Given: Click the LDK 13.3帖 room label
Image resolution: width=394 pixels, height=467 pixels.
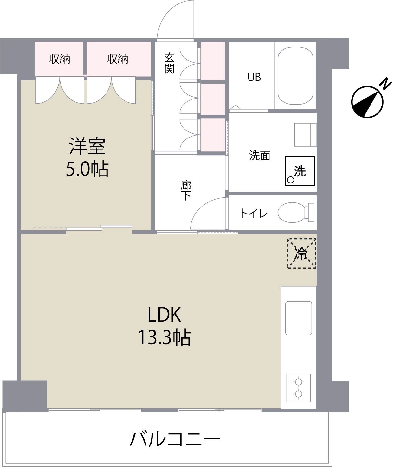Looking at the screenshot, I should pos(164,326).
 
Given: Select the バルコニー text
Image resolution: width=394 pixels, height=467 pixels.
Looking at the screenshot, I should pos(175,439).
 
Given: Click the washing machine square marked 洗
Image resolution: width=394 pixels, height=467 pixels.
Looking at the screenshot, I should pos(300,171).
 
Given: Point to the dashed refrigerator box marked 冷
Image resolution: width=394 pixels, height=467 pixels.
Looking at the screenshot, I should pos(301,253).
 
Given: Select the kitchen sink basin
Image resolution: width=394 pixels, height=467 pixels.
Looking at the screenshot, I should pos(298,318).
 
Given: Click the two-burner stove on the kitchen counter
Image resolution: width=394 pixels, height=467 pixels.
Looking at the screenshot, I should pos(298,387).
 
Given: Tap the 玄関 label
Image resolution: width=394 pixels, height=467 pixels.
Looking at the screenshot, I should pos(169,63).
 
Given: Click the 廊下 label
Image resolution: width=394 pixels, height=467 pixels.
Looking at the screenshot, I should pos(186,190).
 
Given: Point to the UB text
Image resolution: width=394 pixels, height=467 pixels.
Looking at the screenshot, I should pos(254,77).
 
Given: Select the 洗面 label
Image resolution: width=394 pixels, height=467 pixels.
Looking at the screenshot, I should pos(259,156).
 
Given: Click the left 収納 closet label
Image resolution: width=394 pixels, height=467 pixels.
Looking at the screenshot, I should pos(60,59).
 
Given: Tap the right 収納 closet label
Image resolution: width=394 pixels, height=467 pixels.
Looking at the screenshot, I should pos(118,59).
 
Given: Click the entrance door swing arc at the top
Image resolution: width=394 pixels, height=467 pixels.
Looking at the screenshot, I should pos(175,19).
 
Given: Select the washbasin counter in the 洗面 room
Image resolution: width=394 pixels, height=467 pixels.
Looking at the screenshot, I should pos(305,135).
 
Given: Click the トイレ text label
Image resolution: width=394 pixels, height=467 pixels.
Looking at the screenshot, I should pos(254,213).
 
